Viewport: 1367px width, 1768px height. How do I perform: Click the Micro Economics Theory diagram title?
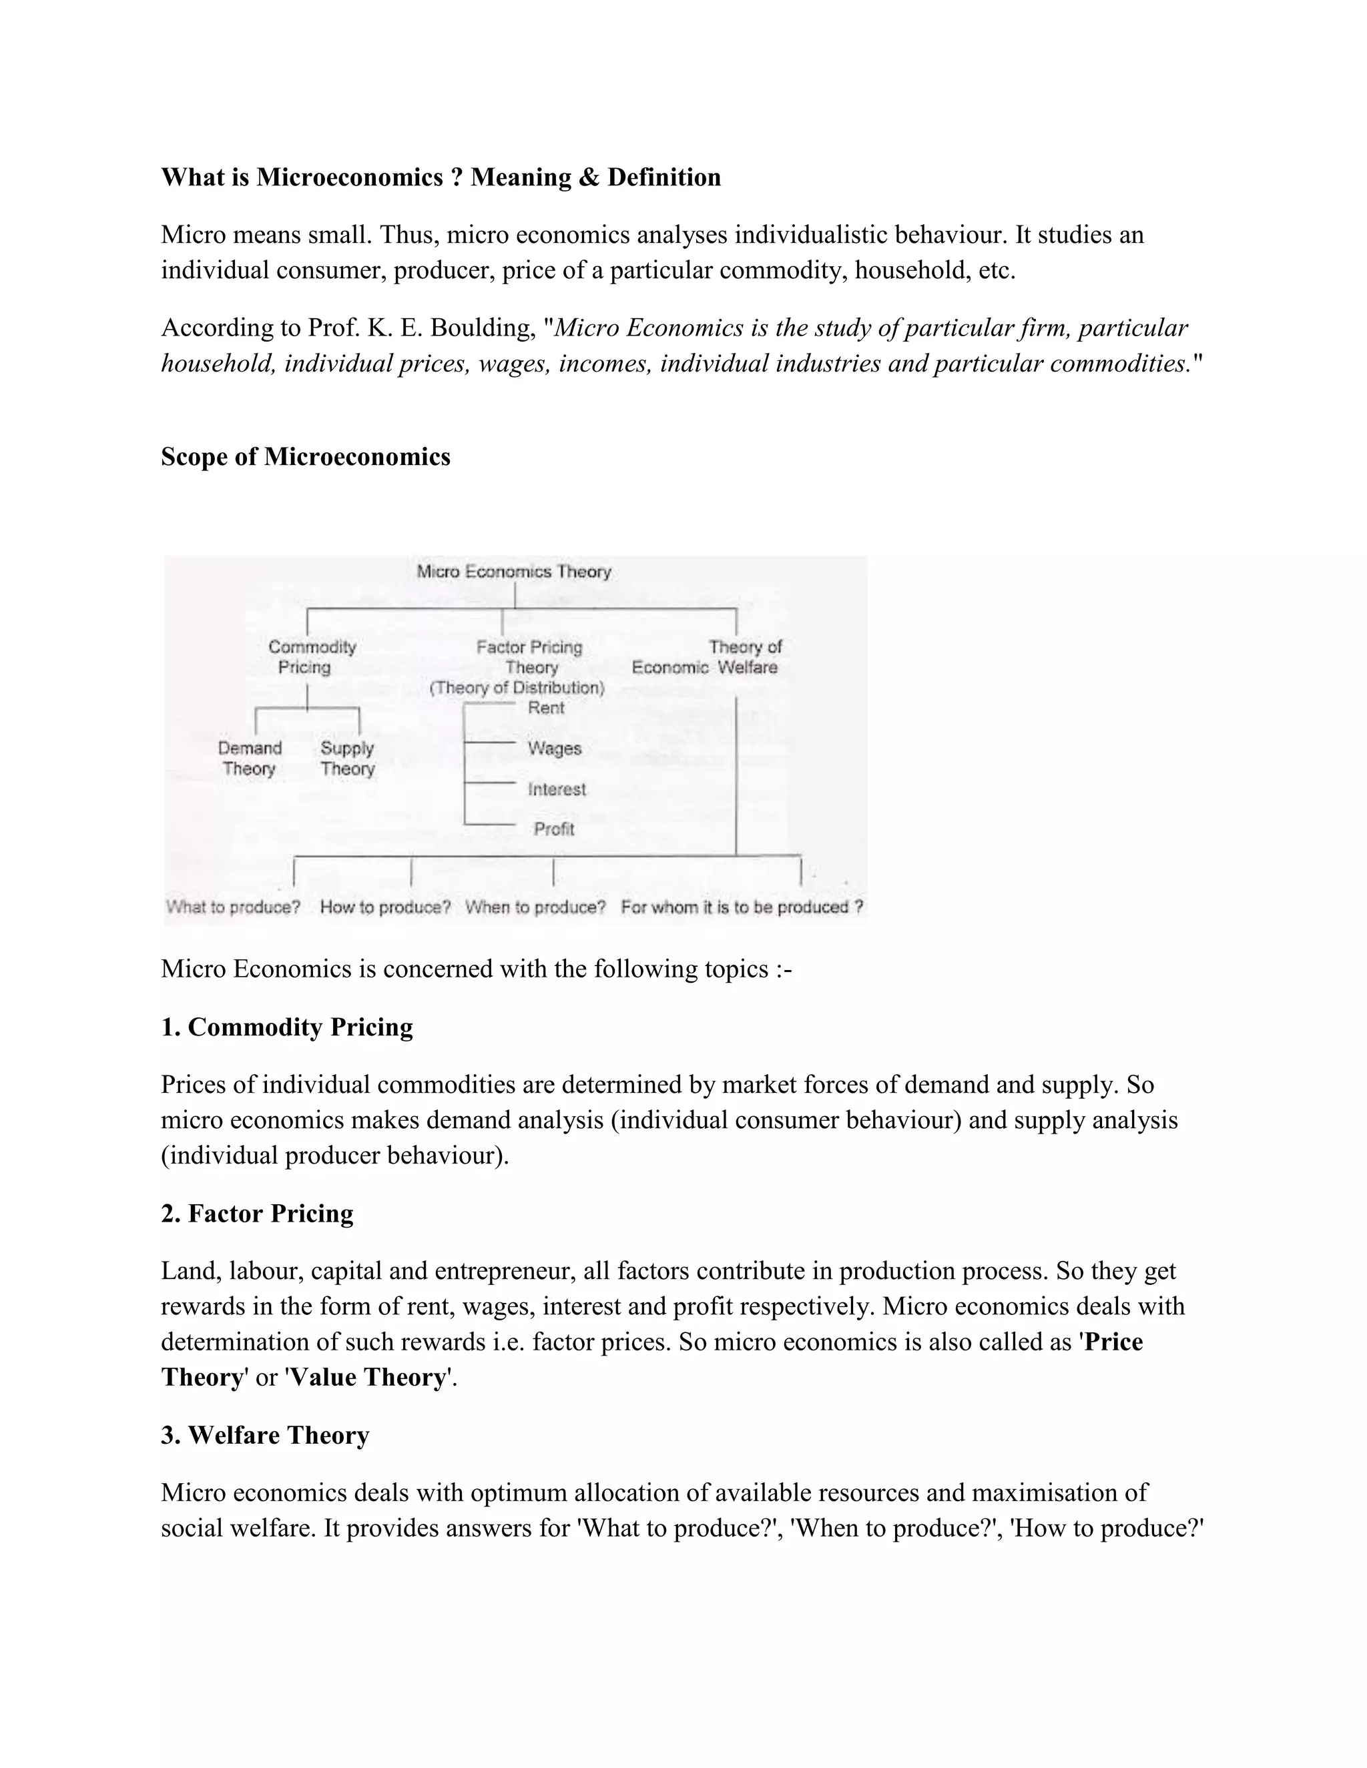513,572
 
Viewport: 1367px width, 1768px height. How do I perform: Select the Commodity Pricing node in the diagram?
312,656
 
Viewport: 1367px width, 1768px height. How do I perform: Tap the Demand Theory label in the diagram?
250,759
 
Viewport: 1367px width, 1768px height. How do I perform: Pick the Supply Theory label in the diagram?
346,759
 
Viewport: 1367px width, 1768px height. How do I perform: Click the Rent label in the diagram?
546,707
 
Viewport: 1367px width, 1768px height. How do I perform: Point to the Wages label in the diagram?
555,748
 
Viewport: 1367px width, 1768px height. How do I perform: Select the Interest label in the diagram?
557,789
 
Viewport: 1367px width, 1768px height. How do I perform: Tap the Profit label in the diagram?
554,829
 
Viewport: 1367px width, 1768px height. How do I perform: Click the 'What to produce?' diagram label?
233,907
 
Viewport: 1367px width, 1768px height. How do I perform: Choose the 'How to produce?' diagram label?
386,907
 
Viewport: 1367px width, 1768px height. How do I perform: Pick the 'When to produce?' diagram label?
535,907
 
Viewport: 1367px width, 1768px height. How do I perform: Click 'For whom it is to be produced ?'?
742,907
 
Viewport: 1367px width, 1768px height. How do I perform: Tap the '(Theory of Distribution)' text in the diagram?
517,687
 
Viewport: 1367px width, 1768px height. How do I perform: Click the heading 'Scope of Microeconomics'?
305,456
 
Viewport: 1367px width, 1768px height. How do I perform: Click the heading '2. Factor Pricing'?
257,1214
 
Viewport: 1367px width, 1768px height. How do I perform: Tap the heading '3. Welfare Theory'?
265,1435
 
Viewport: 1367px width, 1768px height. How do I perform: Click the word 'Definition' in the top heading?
664,177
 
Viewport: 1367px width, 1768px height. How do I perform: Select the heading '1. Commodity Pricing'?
286,1027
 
